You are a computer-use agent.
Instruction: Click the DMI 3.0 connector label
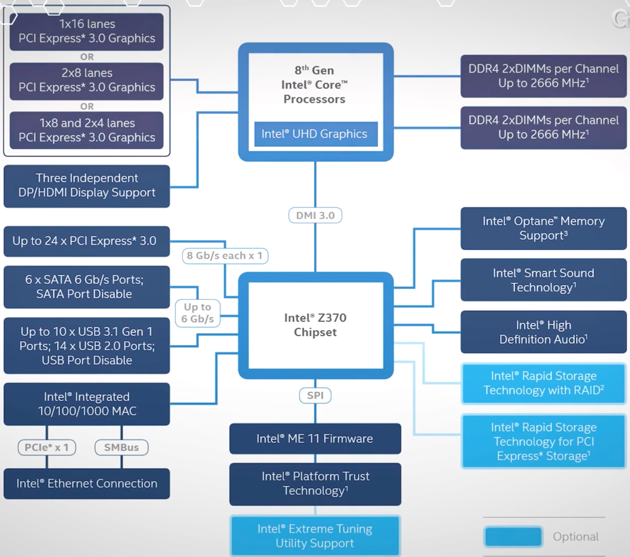point(315,215)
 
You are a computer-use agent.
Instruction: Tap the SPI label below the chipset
point(315,395)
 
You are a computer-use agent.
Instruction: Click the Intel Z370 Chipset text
point(315,325)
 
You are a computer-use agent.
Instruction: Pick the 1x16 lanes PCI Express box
point(87,31)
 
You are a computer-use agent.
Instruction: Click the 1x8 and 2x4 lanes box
point(87,130)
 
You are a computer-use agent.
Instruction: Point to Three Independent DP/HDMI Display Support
point(87,186)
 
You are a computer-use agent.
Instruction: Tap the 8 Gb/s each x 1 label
point(225,256)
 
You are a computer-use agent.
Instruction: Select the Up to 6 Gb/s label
point(198,313)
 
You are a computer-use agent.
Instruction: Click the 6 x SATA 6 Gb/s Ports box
point(87,287)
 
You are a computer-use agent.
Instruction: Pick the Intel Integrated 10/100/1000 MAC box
point(87,404)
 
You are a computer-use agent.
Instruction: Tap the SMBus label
point(122,448)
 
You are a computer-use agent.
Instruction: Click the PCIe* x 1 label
point(47,448)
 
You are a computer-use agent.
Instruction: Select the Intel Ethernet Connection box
point(87,483)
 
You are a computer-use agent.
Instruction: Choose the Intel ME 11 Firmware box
point(315,439)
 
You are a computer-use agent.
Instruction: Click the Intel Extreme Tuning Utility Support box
point(315,536)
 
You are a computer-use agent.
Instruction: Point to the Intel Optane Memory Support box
point(543,228)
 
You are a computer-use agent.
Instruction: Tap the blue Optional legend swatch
point(513,537)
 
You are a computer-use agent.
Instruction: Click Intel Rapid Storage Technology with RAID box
point(543,383)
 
